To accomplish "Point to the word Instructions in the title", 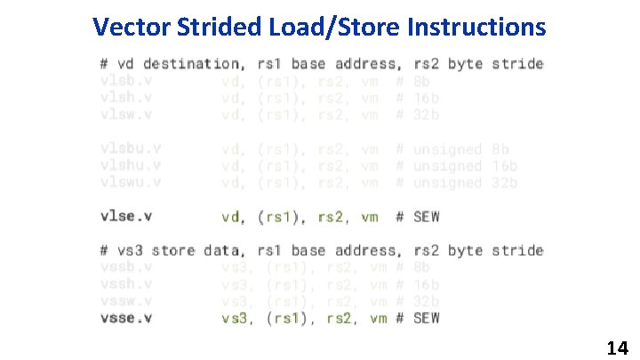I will [x=476, y=28].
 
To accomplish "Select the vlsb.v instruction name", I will [x=126, y=81].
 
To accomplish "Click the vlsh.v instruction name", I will [x=126, y=98].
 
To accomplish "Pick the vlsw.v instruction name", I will [x=126, y=115].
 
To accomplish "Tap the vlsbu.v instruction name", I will [x=131, y=148].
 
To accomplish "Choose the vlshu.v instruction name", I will [x=131, y=165].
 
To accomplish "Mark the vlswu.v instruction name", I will [x=131, y=182].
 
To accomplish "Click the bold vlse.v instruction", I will [x=126, y=216].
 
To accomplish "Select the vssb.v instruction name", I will [x=126, y=267].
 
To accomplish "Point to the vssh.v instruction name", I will [x=126, y=284].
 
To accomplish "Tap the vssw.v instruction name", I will [x=126, y=300].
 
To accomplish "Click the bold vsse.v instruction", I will [x=126, y=317].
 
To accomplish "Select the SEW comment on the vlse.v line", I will [x=427, y=216].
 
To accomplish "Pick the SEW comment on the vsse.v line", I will [x=427, y=317].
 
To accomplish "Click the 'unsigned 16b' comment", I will [x=466, y=165].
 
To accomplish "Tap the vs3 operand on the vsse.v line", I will [x=236, y=317].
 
